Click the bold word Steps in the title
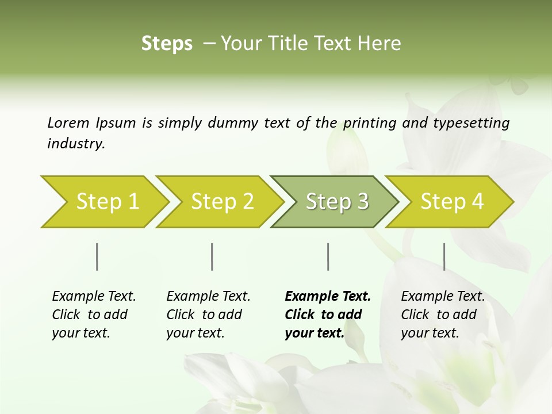167,44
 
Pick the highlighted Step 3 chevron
337,202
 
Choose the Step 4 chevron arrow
452,202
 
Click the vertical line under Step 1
97,256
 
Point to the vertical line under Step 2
212,256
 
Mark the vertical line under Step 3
328,256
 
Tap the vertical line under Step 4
444,256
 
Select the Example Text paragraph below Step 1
94,315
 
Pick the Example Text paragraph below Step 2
208,315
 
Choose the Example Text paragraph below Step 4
443,315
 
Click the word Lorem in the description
68,122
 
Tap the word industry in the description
76,144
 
